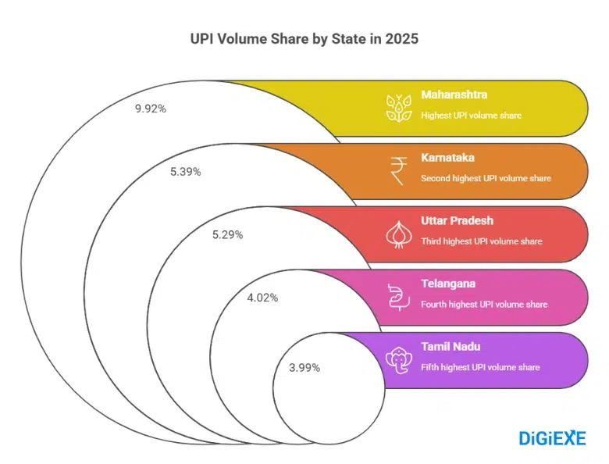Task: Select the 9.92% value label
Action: [151, 109]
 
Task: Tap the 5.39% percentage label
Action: [186, 171]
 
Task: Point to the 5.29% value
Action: [227, 234]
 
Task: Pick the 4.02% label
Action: [262, 297]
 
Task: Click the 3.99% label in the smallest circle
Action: [304, 367]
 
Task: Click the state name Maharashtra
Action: [454, 95]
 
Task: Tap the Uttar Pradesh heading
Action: [458, 220]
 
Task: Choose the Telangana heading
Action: [448, 284]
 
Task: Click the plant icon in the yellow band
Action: [398, 108]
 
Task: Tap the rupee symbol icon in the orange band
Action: [398, 170]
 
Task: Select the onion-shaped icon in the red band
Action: [398, 234]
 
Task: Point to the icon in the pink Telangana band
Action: [398, 297]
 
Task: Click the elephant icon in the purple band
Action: [398, 359]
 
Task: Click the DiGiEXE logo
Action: [552, 438]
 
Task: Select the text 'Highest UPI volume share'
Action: [471, 116]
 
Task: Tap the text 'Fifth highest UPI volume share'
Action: [480, 367]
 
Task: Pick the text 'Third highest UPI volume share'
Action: [482, 241]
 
